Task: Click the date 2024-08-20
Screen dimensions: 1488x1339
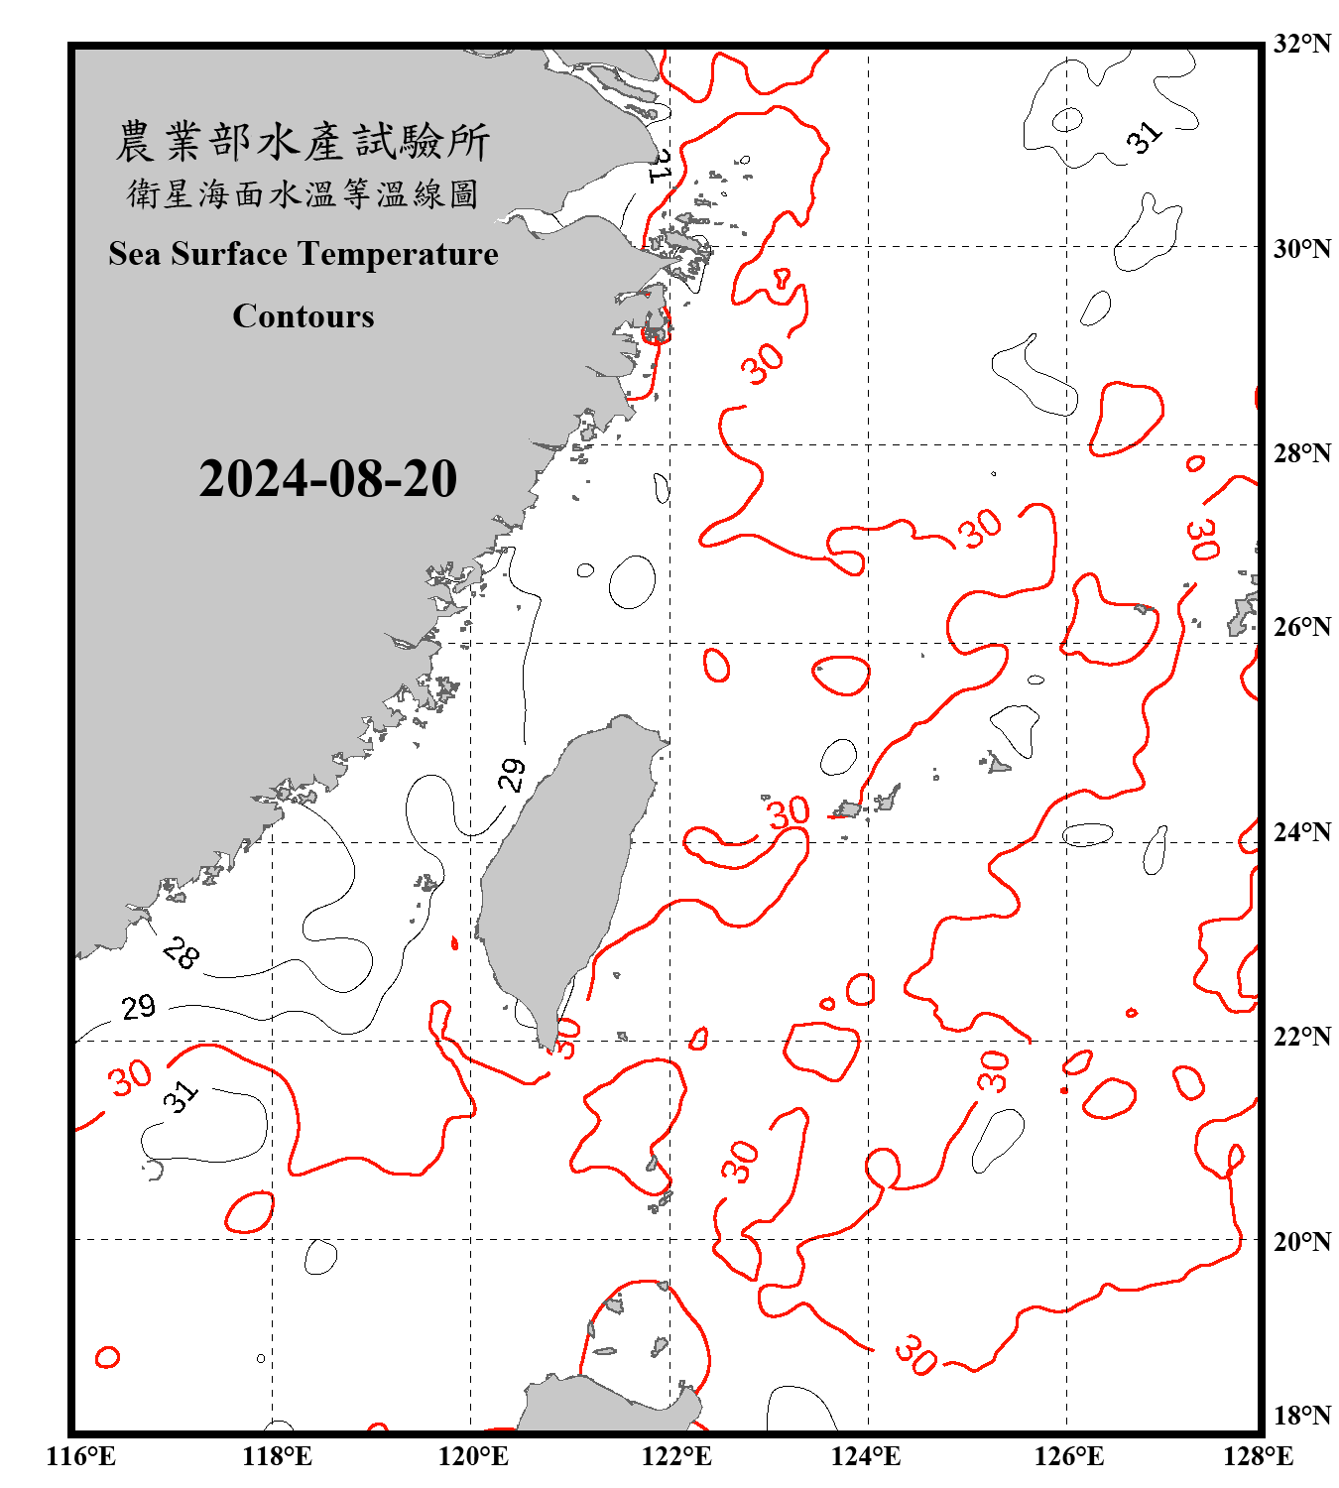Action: click(x=327, y=479)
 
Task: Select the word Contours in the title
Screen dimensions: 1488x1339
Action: click(x=304, y=316)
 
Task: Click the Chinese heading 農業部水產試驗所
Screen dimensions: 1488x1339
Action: click(x=303, y=142)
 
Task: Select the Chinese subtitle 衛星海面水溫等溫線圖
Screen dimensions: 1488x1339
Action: click(x=303, y=193)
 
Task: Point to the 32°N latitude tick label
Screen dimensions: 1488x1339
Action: click(x=1301, y=44)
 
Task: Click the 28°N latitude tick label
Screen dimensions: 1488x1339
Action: click(x=1301, y=453)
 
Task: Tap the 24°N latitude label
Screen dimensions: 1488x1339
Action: click(x=1301, y=831)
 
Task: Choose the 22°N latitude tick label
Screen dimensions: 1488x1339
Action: click(x=1301, y=1037)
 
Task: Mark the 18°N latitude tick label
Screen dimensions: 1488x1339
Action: click(x=1301, y=1416)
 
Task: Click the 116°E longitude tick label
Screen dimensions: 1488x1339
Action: click(x=81, y=1456)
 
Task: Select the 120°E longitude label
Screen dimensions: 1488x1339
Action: click(x=473, y=1456)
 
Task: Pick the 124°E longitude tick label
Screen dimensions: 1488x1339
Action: click(x=866, y=1456)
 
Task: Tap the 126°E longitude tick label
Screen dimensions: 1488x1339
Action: click(x=1068, y=1456)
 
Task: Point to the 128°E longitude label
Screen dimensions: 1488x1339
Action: click(x=1258, y=1456)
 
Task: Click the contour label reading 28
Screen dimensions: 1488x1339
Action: click(x=181, y=952)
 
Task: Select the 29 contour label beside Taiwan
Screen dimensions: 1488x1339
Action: click(x=512, y=775)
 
